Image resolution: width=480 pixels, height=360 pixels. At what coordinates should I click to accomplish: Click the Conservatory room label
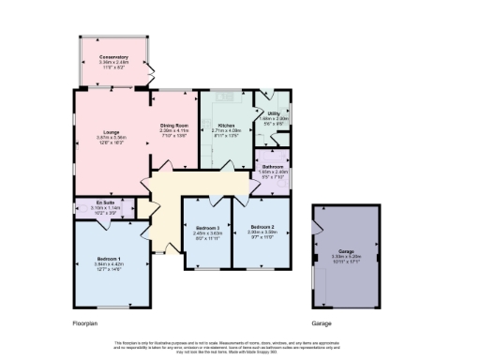(x=113, y=57)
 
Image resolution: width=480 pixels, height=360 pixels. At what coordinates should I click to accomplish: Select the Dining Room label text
(x=174, y=126)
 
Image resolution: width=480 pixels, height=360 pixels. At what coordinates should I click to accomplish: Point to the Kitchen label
(x=226, y=126)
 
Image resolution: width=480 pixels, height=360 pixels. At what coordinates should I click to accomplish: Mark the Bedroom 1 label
(x=109, y=258)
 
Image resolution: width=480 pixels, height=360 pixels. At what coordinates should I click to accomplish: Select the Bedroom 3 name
(x=207, y=228)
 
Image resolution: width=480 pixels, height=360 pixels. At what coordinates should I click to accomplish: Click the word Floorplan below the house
(x=84, y=323)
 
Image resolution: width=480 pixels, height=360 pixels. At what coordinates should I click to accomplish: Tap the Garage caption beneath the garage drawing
(x=322, y=323)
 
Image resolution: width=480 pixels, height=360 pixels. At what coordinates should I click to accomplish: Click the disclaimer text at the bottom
(x=240, y=345)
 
